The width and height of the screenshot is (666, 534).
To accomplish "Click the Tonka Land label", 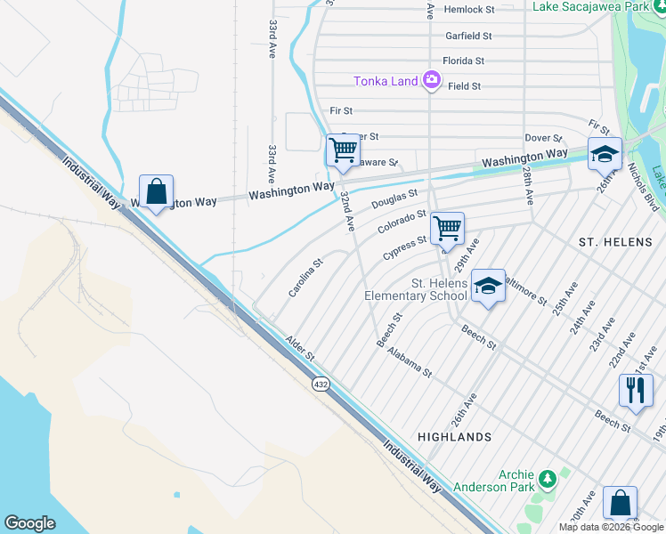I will [385, 81].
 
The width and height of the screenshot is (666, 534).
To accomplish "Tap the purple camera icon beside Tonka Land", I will [432, 81].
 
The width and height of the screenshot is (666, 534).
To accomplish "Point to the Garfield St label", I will [468, 36].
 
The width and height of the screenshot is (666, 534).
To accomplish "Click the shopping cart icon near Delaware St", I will [343, 150].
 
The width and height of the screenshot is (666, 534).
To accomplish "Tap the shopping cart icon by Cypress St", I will [447, 227].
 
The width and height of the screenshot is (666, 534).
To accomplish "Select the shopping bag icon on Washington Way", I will [157, 191].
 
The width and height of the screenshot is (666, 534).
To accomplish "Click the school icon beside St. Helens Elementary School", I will [488, 286].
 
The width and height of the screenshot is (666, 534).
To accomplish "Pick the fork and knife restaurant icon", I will [636, 391].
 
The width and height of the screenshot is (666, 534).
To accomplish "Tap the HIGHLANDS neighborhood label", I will [454, 437].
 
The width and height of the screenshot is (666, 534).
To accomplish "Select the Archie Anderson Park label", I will [494, 480].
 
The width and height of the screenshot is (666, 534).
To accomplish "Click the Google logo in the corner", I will [30, 522].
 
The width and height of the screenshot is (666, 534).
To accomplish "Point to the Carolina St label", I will [305, 279].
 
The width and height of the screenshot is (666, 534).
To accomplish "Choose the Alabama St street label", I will [410, 361].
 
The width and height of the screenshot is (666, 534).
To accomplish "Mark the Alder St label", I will [300, 348].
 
